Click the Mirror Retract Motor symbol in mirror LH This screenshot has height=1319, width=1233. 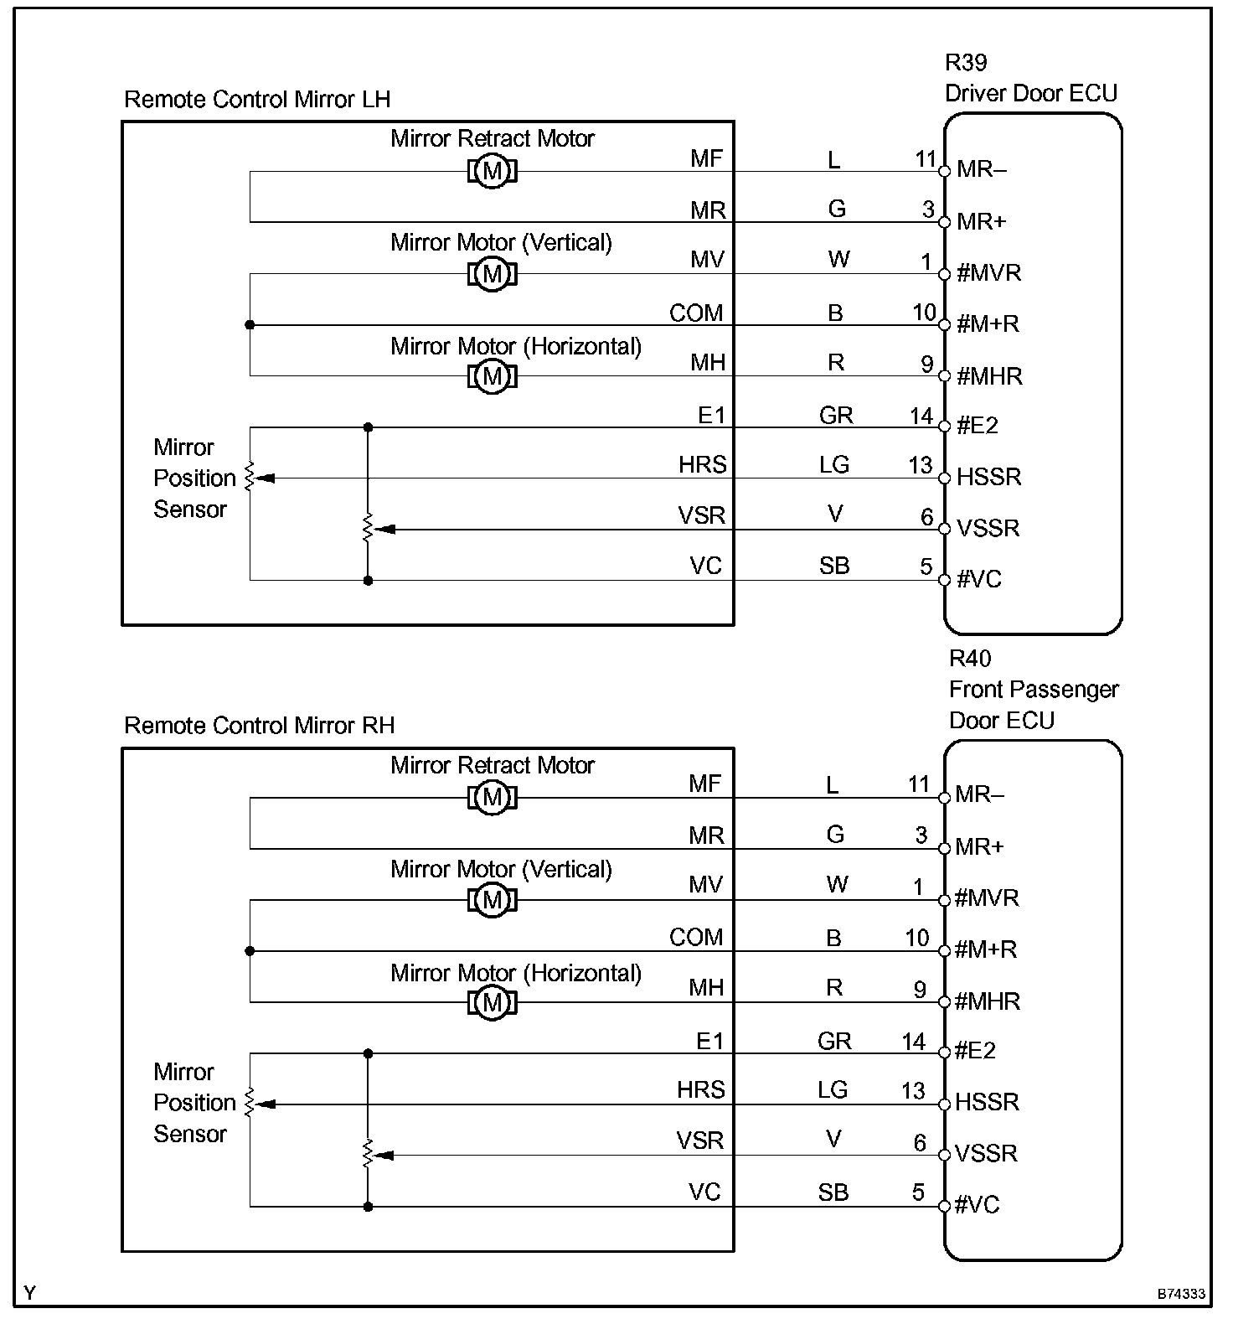pos(493,172)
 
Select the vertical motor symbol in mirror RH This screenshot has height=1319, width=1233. pos(493,900)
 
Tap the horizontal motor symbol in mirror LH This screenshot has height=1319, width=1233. pos(493,376)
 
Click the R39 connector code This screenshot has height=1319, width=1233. pos(966,63)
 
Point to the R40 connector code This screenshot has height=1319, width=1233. pos(970,659)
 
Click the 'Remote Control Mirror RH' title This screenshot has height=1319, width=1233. pos(259,726)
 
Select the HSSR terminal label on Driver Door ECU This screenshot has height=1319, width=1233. pos(989,478)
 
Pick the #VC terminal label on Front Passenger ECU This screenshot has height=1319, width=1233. pos(978,1205)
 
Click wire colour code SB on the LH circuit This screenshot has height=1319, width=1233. pos(834,566)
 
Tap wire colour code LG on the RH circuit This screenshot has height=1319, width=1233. pos(833,1090)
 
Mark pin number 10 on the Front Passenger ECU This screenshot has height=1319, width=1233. pos(917,939)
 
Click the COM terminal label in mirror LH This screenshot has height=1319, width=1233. pos(695,313)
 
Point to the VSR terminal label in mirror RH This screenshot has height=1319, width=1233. pos(700,1141)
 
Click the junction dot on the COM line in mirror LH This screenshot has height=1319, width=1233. pos(250,325)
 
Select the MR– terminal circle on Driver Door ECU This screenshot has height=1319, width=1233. pos(944,171)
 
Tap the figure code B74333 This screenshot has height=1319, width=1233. pos(1181,1294)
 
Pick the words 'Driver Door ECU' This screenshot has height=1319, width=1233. pos(1031,94)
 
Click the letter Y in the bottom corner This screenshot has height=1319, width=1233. pos(30,1293)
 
